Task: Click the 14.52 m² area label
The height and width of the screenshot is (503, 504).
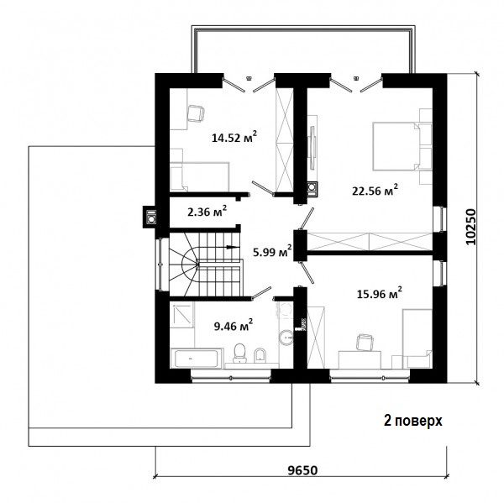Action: point(234,137)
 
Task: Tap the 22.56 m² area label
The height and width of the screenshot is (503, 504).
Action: point(375,191)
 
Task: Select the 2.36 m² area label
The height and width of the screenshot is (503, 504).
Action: point(207,212)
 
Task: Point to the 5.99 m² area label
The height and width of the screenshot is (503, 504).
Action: point(272,251)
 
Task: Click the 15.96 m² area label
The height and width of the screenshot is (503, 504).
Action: point(380,293)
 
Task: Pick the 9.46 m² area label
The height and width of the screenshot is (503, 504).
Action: point(234,326)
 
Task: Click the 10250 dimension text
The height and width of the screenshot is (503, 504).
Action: point(470,227)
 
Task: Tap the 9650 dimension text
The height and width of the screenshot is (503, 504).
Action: point(302,470)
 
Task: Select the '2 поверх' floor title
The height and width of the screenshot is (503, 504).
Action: point(413,421)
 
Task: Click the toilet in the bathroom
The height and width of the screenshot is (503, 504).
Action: point(239,353)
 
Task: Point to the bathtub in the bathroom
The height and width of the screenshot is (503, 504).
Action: point(197,358)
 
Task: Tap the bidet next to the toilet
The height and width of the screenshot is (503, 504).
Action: point(260,355)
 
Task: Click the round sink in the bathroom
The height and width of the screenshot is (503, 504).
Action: point(286,338)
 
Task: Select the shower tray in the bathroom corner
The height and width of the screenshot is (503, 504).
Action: point(181,315)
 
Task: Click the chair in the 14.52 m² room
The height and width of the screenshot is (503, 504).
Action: point(196,113)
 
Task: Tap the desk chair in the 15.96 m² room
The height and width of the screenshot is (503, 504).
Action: point(365,342)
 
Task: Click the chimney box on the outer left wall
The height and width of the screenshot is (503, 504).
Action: point(150,217)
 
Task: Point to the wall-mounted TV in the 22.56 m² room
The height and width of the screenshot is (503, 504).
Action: point(312,147)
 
